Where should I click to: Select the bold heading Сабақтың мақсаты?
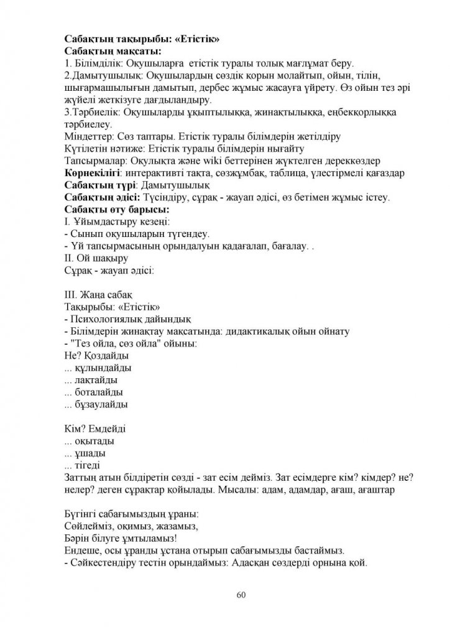click(112, 51)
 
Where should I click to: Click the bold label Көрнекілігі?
click(91, 172)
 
